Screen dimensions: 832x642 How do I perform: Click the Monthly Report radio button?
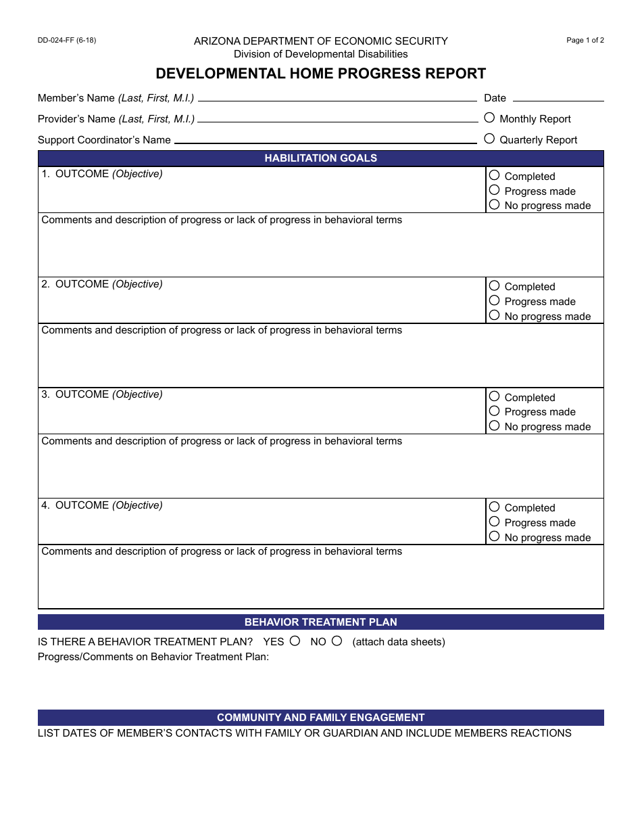489,118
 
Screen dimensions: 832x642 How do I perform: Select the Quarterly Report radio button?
489,139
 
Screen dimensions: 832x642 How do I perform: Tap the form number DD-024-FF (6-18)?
67,41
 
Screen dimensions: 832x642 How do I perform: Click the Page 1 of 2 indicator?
585,41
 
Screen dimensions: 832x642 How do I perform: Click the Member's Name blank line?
337,99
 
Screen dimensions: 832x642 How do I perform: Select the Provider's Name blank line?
337,120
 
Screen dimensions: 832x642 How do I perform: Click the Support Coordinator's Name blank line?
325,141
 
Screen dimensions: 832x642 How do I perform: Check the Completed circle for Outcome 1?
494,175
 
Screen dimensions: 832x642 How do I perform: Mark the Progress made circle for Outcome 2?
494,301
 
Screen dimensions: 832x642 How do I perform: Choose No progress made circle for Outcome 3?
494,426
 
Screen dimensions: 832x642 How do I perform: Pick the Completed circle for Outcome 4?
494,507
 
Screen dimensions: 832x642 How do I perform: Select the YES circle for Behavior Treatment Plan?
295,641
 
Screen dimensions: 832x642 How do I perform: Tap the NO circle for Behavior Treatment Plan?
337,641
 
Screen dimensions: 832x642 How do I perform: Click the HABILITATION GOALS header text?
320,158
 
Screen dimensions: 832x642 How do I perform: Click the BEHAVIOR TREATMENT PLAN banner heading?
320,622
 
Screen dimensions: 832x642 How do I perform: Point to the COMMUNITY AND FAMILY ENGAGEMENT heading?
320,718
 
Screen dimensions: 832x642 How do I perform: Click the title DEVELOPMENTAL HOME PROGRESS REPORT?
320,74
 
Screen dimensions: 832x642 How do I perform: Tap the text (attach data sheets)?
399,642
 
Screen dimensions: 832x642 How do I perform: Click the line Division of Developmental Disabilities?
320,54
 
